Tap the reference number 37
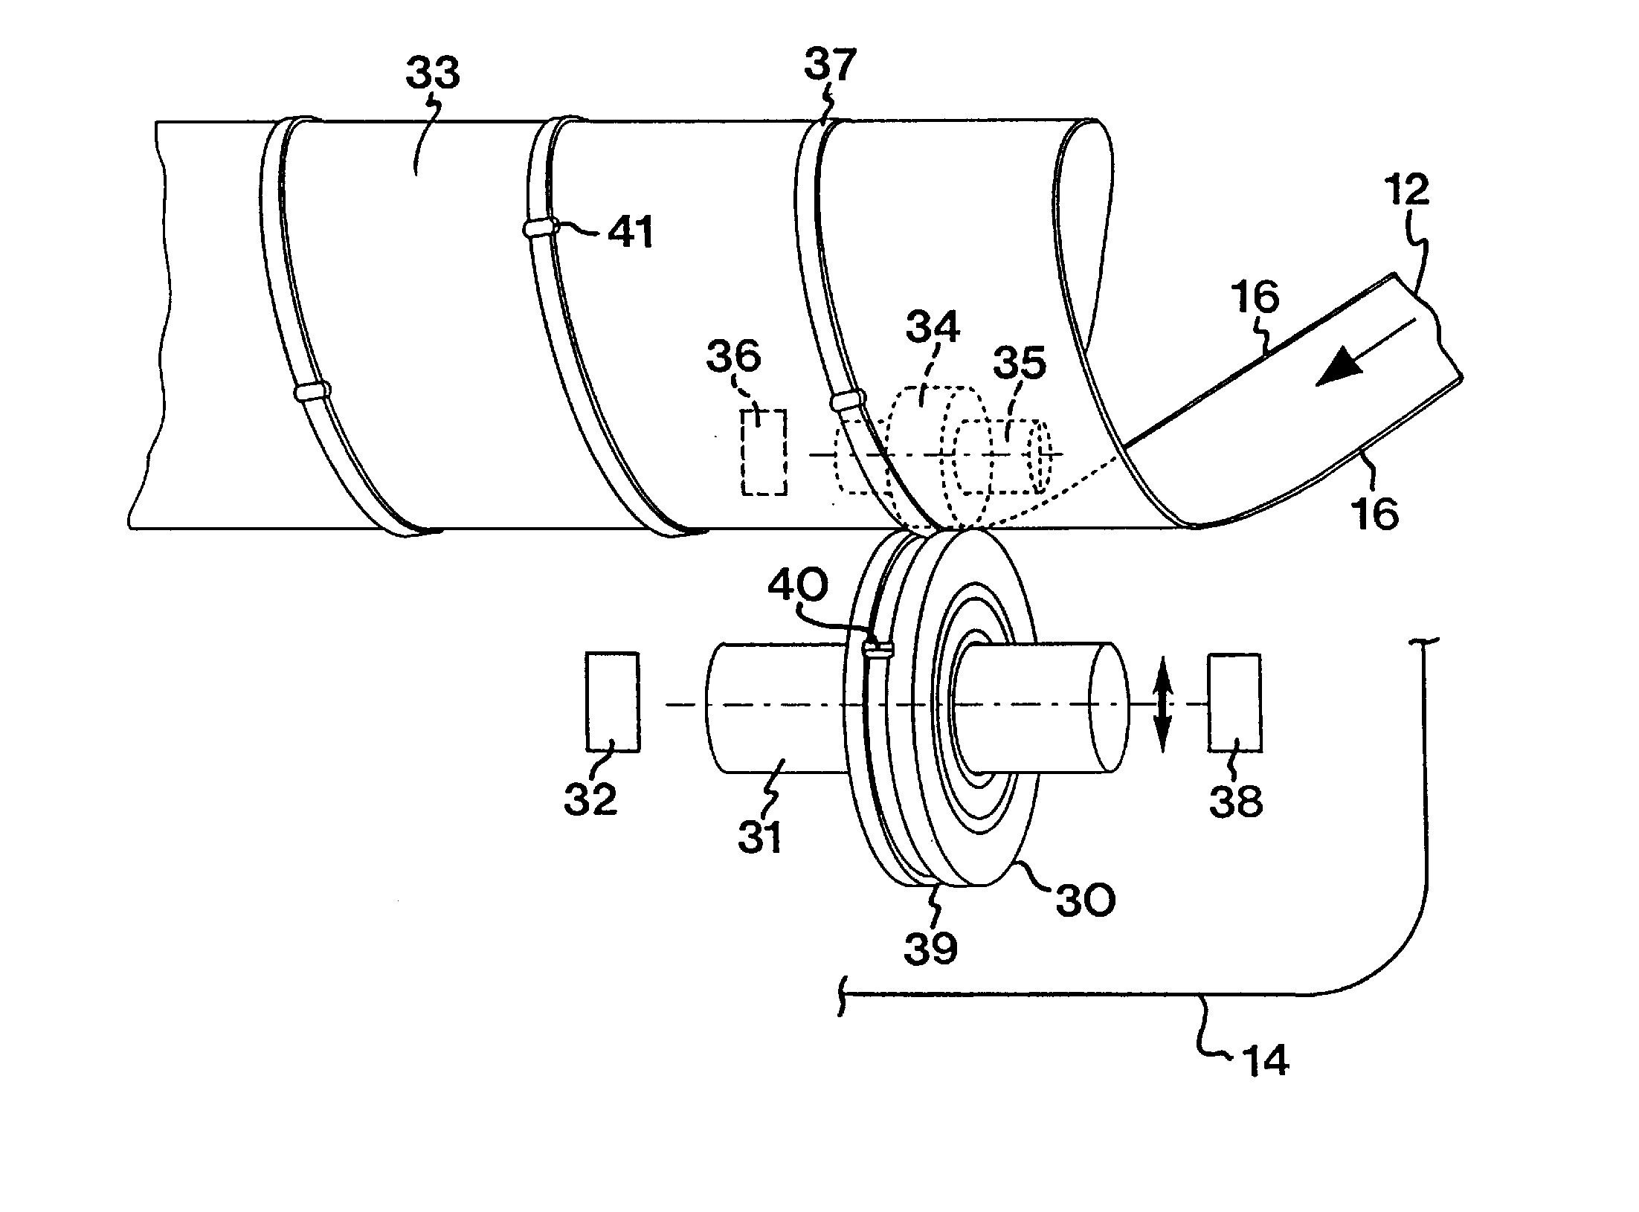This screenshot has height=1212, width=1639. click(831, 65)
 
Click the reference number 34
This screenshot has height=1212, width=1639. click(933, 325)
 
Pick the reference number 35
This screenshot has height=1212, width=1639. click(1020, 364)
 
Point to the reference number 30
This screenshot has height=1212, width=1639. click(1086, 900)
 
